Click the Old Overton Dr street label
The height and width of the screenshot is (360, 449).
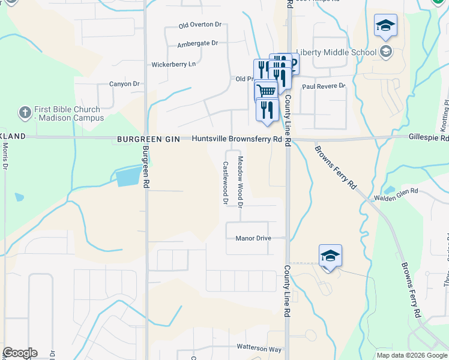click(x=200, y=25)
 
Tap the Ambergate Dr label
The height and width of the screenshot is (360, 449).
click(x=197, y=44)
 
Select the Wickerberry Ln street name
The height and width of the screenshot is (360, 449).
click(x=173, y=64)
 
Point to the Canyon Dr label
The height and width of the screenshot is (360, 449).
click(x=124, y=84)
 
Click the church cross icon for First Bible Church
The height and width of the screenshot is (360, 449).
click(x=25, y=112)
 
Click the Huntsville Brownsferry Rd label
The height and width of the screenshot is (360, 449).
click(x=237, y=139)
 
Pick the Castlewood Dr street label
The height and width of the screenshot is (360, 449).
click(x=225, y=183)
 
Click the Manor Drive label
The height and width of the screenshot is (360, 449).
click(x=253, y=238)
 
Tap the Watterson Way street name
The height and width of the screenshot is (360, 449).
click(x=259, y=348)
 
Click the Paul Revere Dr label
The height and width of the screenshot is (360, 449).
click(x=324, y=86)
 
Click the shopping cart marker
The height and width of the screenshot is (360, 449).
click(x=266, y=91)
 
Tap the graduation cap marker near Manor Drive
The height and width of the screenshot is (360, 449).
click(x=330, y=256)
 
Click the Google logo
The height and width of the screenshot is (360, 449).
click(x=20, y=353)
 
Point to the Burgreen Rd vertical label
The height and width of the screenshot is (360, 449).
click(x=145, y=168)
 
